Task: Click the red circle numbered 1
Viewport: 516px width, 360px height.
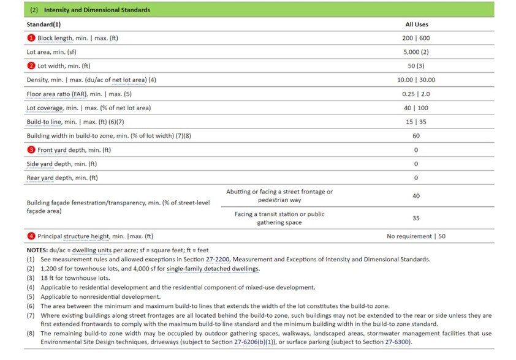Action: point(30,38)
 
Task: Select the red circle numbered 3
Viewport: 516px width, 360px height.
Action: point(30,150)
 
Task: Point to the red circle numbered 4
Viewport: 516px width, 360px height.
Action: point(30,236)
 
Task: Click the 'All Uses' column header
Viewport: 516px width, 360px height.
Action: point(417,24)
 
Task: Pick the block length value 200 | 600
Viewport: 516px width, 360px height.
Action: point(417,38)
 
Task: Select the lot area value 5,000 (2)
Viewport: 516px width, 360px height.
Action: point(417,52)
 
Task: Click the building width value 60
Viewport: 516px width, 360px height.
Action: point(417,136)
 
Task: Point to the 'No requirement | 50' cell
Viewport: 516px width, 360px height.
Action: point(416,236)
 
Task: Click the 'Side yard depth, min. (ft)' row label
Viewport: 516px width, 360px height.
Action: point(62,164)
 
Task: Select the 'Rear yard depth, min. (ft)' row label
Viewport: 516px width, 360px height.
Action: point(62,178)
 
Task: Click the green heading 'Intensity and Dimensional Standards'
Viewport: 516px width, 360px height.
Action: point(97,10)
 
